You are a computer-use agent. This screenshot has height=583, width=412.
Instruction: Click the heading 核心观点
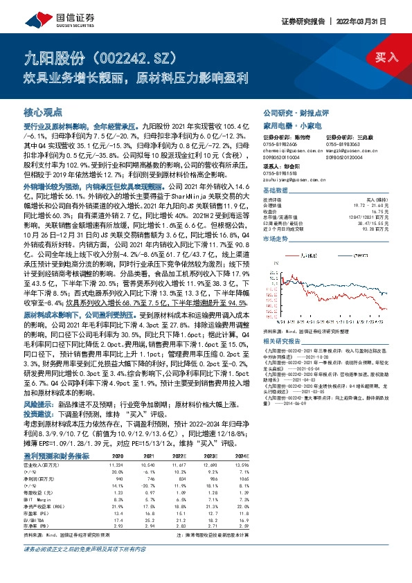pyautogui.click(x=43, y=112)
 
